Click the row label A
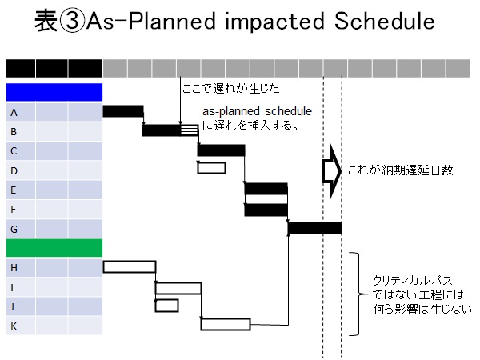14,113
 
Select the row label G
14,229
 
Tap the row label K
14,326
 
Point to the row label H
14,268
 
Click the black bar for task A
123,111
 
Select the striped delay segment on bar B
189,130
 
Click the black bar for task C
222,150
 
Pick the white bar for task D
212,168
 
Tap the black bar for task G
315,228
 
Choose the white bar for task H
130,266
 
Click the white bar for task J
167,306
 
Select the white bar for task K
226,325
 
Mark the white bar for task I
178,288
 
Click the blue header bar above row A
54,92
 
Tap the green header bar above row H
54,248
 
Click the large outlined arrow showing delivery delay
331,171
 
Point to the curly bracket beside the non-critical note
358,294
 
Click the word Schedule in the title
385,21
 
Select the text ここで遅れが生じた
231,89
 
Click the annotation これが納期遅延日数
401,170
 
